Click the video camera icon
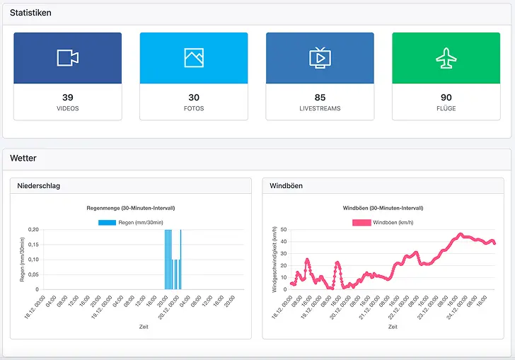coord(67,58)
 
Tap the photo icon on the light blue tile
coord(194,58)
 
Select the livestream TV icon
coord(320,58)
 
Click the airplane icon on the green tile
coord(446,58)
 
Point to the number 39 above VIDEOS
coord(67,98)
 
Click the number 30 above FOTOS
coord(194,98)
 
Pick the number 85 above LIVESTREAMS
coord(320,98)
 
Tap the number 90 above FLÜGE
coord(446,98)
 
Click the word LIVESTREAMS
coord(320,109)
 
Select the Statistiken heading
coord(30,13)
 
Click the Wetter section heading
coord(23,158)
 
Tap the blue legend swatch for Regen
coord(107,223)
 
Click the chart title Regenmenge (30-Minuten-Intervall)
coord(130,209)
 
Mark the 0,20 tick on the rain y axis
coord(33,230)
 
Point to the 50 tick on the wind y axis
coord(284,230)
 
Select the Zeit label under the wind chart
coord(393,327)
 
